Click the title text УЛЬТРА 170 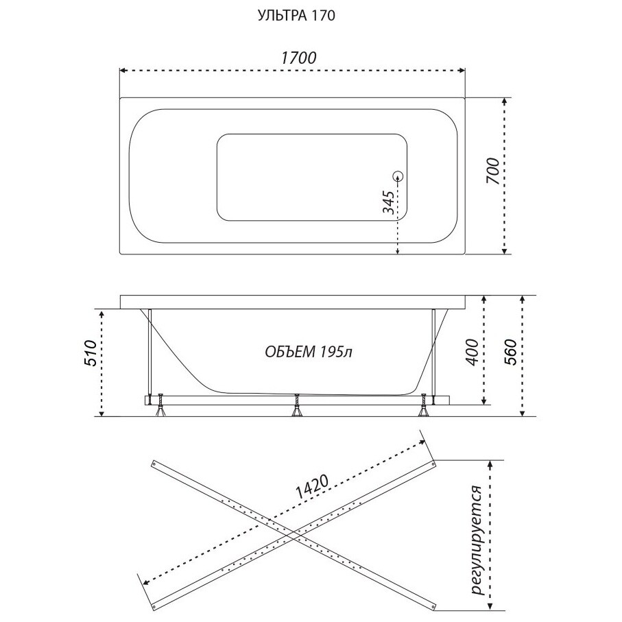click(x=296, y=16)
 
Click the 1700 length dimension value click(x=299, y=58)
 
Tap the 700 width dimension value click(x=492, y=171)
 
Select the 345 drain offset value click(x=389, y=203)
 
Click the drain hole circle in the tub click(x=398, y=176)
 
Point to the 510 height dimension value click(x=91, y=353)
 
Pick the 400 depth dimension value click(x=473, y=352)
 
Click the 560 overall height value click(x=510, y=352)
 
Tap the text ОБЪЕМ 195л click(x=308, y=352)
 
